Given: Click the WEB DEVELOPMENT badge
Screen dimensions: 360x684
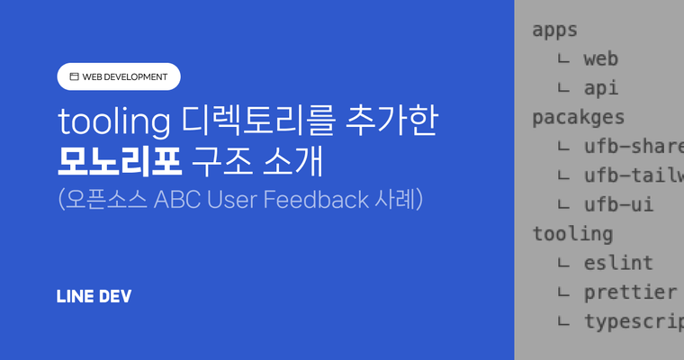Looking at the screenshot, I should [x=119, y=76].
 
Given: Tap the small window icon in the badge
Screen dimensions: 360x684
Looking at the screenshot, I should [x=74, y=76].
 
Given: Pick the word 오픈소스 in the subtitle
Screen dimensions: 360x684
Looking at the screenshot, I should [x=106, y=199].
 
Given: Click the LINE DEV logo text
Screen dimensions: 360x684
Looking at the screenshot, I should [x=94, y=296].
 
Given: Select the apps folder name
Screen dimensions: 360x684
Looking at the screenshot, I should [x=554, y=29].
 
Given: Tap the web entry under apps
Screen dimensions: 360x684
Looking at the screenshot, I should [x=600, y=59].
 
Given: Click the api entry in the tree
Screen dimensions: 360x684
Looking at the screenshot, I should [x=600, y=88].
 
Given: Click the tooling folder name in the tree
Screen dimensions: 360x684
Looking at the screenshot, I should [x=572, y=234].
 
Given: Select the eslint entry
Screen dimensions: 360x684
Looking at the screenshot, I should [x=618, y=263].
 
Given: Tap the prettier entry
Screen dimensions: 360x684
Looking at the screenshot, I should [x=630, y=292].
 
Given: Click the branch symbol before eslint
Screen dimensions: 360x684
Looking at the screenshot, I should [x=563, y=264].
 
